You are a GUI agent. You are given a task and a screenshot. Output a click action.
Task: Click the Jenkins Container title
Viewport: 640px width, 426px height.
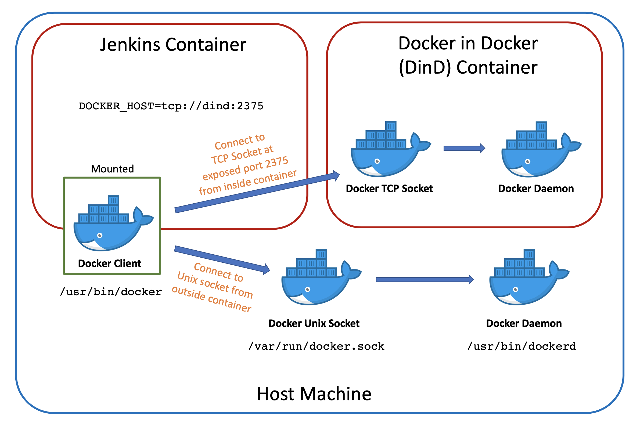[173, 45]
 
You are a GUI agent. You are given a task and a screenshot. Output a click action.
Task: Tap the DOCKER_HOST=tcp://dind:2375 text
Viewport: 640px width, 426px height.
[171, 106]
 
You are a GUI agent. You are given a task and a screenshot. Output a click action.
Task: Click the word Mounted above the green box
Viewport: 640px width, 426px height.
[112, 169]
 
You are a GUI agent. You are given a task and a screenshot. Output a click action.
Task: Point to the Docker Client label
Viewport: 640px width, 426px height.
[109, 263]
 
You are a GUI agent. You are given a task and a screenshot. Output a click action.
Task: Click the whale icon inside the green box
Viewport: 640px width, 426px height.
[112, 226]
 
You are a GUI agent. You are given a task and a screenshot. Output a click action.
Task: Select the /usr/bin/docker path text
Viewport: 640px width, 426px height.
[111, 292]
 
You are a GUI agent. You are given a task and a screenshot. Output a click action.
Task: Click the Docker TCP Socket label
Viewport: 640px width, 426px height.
[389, 189]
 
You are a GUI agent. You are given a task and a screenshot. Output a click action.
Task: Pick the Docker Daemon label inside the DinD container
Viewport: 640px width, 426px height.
[536, 189]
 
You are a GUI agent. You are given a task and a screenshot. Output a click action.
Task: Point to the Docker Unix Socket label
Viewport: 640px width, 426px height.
[314, 323]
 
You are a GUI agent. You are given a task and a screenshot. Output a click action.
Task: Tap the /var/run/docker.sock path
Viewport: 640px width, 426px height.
[316, 346]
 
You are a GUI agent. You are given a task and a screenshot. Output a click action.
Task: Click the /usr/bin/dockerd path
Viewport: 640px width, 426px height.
[521, 346]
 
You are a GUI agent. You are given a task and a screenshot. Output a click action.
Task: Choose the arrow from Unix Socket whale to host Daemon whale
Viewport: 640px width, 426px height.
[424, 280]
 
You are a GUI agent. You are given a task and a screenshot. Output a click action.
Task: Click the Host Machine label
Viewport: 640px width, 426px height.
[314, 394]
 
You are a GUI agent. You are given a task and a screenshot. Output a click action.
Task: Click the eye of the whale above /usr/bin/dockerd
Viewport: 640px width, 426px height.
[515, 289]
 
